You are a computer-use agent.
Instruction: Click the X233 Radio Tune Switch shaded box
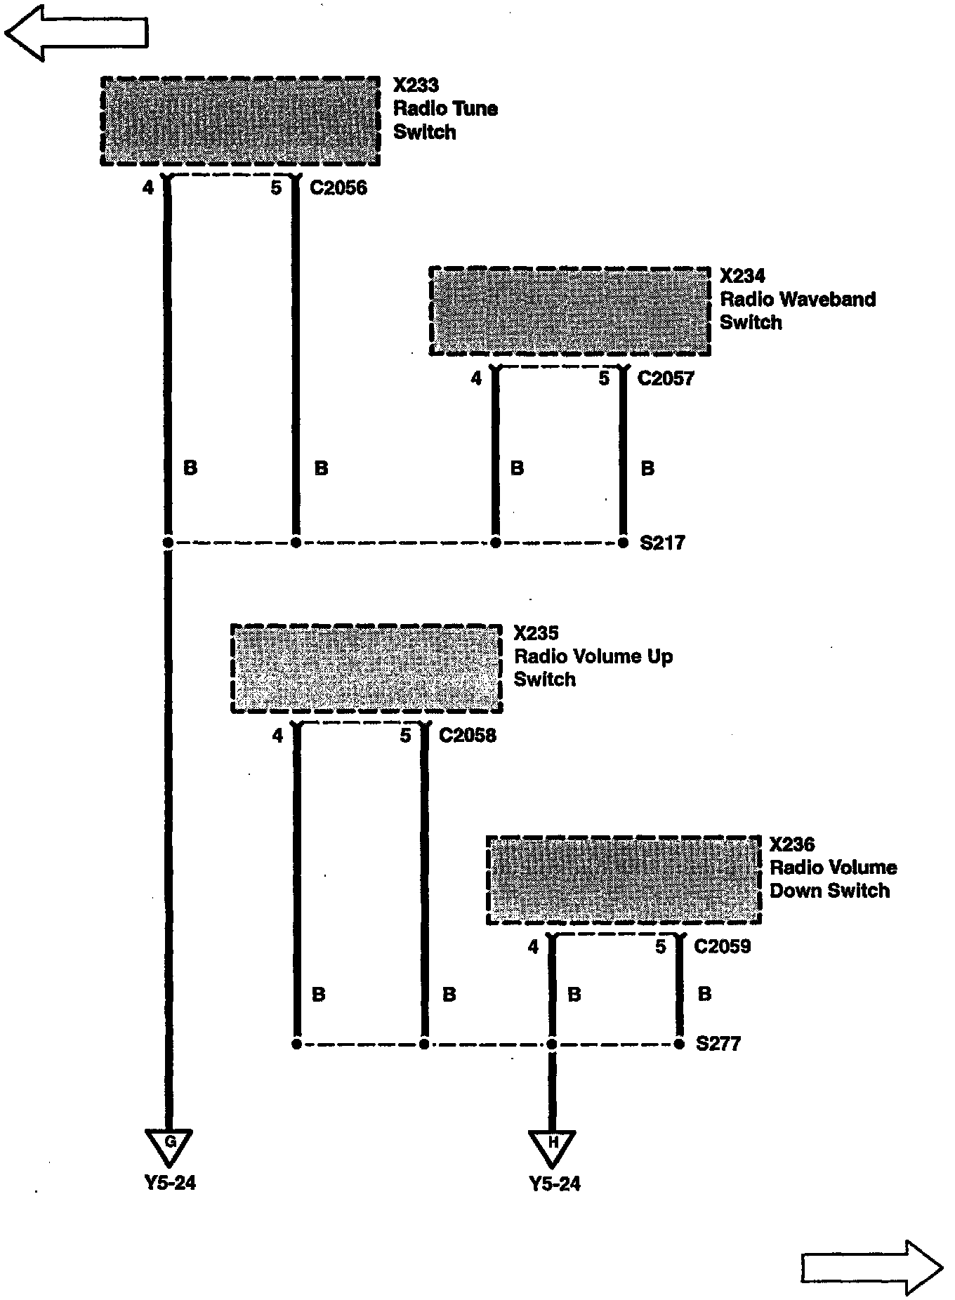(241, 121)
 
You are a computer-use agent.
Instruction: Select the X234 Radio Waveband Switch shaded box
(569, 311)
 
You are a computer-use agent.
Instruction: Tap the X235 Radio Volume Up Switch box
(367, 668)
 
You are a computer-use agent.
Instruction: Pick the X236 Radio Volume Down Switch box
(624, 880)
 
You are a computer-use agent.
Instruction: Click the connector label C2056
(338, 188)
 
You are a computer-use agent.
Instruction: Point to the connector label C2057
(666, 379)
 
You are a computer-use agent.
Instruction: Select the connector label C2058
(468, 736)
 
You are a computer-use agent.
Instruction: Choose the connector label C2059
(723, 947)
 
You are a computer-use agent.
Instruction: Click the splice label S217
(663, 543)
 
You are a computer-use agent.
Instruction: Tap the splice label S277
(718, 1044)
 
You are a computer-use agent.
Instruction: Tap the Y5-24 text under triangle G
(170, 1183)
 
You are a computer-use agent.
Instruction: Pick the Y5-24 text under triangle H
(555, 1184)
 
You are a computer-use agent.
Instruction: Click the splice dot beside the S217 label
(623, 543)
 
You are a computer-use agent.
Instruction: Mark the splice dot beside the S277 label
(679, 1044)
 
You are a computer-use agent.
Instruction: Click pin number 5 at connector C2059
(660, 947)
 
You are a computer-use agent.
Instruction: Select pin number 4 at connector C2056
(147, 188)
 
